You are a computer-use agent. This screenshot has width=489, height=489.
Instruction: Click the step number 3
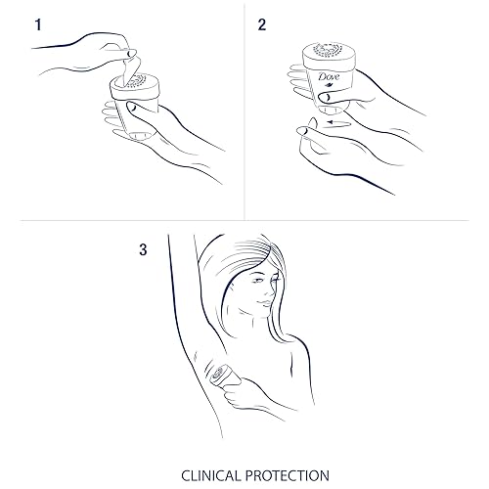pyautogui.click(x=143, y=250)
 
